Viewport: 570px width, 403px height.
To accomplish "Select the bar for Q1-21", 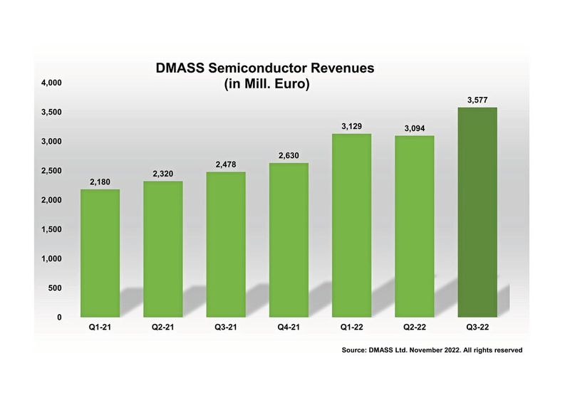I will point(100,253).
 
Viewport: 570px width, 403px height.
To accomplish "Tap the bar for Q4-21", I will point(289,239).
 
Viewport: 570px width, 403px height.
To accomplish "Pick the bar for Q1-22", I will point(351,225).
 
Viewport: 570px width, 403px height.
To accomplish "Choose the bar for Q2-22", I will point(414,226).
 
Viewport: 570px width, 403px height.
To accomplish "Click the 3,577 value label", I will point(477,101).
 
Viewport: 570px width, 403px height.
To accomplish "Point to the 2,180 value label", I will point(100,183).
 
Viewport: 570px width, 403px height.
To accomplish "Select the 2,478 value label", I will point(226,165).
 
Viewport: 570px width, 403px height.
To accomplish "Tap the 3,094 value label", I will point(414,129).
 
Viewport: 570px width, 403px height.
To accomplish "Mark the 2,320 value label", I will point(163,174).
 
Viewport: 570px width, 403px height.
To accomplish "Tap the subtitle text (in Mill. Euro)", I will point(265,85).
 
